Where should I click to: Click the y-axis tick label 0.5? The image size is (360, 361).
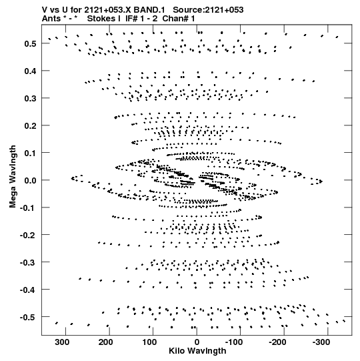click(30, 43)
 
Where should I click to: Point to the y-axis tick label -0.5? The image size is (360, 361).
click(28, 317)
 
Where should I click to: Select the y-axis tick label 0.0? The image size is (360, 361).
click(30, 180)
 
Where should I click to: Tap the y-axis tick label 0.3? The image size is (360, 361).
click(30, 98)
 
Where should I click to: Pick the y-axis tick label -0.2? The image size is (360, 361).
click(28, 235)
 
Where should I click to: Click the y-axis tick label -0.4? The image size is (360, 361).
click(28, 290)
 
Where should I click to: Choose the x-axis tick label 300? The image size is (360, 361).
click(62, 342)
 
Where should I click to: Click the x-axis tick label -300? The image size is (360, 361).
click(321, 342)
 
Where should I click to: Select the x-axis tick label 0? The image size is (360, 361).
click(197, 342)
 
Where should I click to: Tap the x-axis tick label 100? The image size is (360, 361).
click(149, 342)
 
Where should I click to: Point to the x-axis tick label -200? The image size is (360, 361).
click(277, 342)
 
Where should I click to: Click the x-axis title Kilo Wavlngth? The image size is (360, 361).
click(197, 351)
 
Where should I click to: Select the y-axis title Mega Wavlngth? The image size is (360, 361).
click(13, 177)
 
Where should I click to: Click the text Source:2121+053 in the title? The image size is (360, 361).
click(208, 10)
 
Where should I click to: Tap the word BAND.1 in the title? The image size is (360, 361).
click(149, 10)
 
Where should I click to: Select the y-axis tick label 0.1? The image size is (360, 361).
click(30, 153)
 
